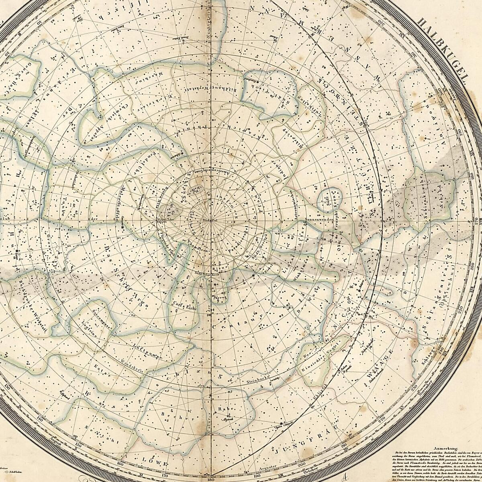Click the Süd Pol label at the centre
(209, 221)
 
